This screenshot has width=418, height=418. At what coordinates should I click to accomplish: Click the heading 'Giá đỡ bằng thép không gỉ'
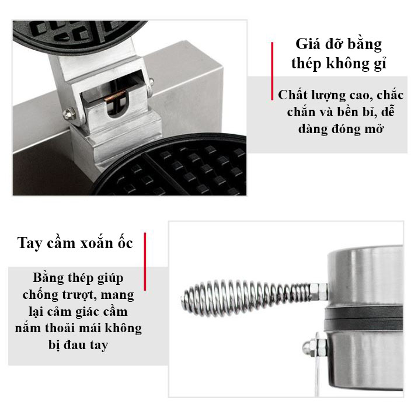pyautogui.click(x=339, y=54)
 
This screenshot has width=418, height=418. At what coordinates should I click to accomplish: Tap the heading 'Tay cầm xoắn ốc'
pyautogui.click(x=75, y=243)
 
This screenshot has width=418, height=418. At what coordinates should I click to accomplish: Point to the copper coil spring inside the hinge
pyautogui.click(x=115, y=95)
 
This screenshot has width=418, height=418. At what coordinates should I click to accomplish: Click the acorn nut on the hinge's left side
pyautogui.click(x=69, y=114)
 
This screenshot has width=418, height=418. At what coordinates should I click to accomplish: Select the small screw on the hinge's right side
pyautogui.click(x=151, y=81)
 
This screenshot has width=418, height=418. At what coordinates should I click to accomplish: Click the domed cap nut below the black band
pyautogui.click(x=308, y=349)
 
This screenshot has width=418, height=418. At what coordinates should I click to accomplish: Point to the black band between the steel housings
pyautogui.click(x=363, y=318)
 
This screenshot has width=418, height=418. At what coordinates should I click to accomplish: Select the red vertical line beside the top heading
pyautogui.click(x=272, y=71)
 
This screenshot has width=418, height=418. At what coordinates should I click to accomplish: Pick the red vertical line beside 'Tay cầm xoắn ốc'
pyautogui.click(x=145, y=262)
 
